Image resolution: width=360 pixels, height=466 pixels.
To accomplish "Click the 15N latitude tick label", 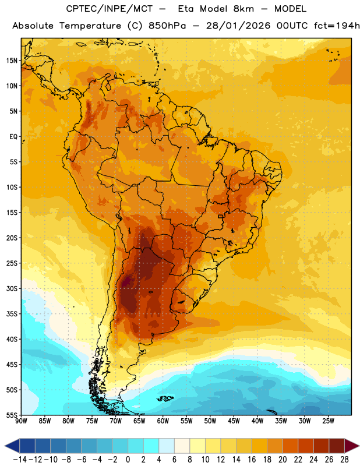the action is click(12, 61).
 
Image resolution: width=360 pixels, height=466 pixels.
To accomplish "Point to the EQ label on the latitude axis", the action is click(13, 137).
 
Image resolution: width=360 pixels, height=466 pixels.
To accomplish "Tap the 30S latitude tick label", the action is click(12, 288).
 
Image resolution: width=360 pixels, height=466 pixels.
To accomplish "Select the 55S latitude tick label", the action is click(12, 415).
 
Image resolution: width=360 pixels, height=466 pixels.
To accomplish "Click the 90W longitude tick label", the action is click(21, 421).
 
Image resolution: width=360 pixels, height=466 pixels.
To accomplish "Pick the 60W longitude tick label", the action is click(163, 421).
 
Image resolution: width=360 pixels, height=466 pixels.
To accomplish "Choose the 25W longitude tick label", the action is click(328, 421).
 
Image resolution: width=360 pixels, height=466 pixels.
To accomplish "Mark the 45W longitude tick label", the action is click(234, 421).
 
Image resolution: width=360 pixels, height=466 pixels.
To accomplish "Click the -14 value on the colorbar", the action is click(20, 460).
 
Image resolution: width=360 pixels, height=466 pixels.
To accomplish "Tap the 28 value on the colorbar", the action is click(344, 460).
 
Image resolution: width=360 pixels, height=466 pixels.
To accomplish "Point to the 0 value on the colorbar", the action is click(128, 460).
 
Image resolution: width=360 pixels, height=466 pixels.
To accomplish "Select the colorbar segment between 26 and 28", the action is click(337, 446).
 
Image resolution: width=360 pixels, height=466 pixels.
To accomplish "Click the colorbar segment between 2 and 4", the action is click(151, 446).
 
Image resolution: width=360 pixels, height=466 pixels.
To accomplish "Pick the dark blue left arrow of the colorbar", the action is click(12, 446).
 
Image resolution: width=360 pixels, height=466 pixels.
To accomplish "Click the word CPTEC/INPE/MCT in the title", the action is click(109, 9).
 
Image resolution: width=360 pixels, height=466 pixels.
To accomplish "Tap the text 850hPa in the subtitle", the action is click(167, 26).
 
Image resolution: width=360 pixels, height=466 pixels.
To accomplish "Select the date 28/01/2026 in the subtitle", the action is click(238, 26).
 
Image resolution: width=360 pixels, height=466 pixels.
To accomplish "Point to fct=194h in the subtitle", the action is click(337, 26).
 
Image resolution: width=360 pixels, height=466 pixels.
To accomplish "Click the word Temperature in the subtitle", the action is click(90, 26).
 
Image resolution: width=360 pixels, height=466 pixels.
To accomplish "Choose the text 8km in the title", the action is click(243, 9).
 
